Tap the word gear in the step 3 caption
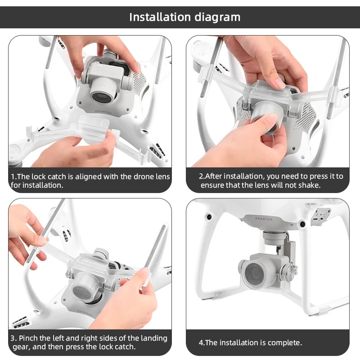click(x=19, y=347)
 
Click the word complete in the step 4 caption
click(x=285, y=343)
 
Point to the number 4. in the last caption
click(x=202, y=343)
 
